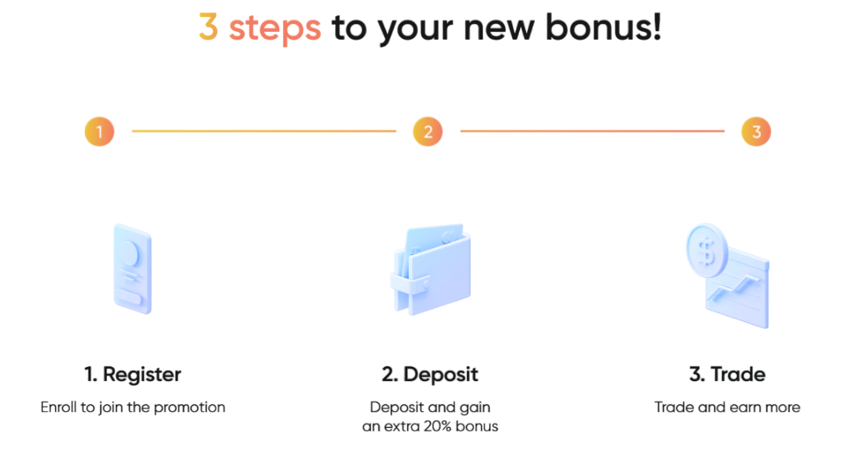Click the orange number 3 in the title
point(208,28)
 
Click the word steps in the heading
point(274,29)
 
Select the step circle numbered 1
point(99,131)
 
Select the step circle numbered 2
point(427,131)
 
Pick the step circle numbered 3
point(755,131)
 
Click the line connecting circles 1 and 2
point(263,131)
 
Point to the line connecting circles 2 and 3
point(591,131)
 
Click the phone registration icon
point(133,268)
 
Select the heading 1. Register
point(132,375)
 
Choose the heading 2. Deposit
point(430,375)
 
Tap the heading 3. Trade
point(727,375)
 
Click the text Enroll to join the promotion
point(133,407)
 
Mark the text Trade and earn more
point(727,407)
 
